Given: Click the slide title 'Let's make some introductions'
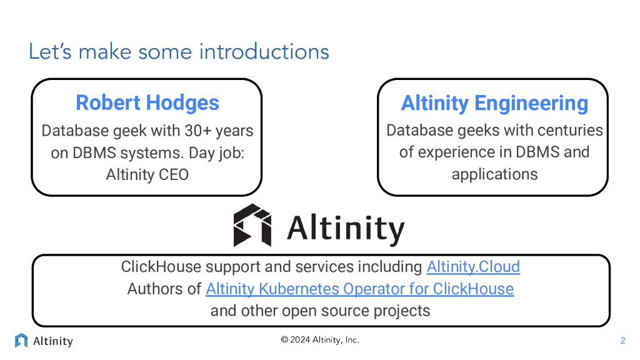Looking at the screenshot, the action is coord(179,51).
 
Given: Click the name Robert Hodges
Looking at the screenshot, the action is coord(147,102).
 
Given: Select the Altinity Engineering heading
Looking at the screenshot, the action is coord(494,103).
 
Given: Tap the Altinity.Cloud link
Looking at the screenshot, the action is coord(473,267).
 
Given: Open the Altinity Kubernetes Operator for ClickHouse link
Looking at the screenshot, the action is coord(359,289).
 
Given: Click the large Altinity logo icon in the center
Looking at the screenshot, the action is coord(252,225).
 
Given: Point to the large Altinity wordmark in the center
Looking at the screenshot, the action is coord(346,228).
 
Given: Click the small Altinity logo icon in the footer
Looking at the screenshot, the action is coord(21,341).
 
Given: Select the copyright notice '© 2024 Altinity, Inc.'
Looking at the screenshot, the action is coord(320,340).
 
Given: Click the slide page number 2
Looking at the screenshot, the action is coord(622,341).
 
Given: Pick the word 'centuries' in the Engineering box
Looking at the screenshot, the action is coord(572,131).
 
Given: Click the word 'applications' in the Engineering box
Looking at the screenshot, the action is coord(494,174).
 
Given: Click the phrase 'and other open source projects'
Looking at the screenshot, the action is coord(320,311).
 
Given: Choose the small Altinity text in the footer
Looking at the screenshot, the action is coord(53,341).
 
